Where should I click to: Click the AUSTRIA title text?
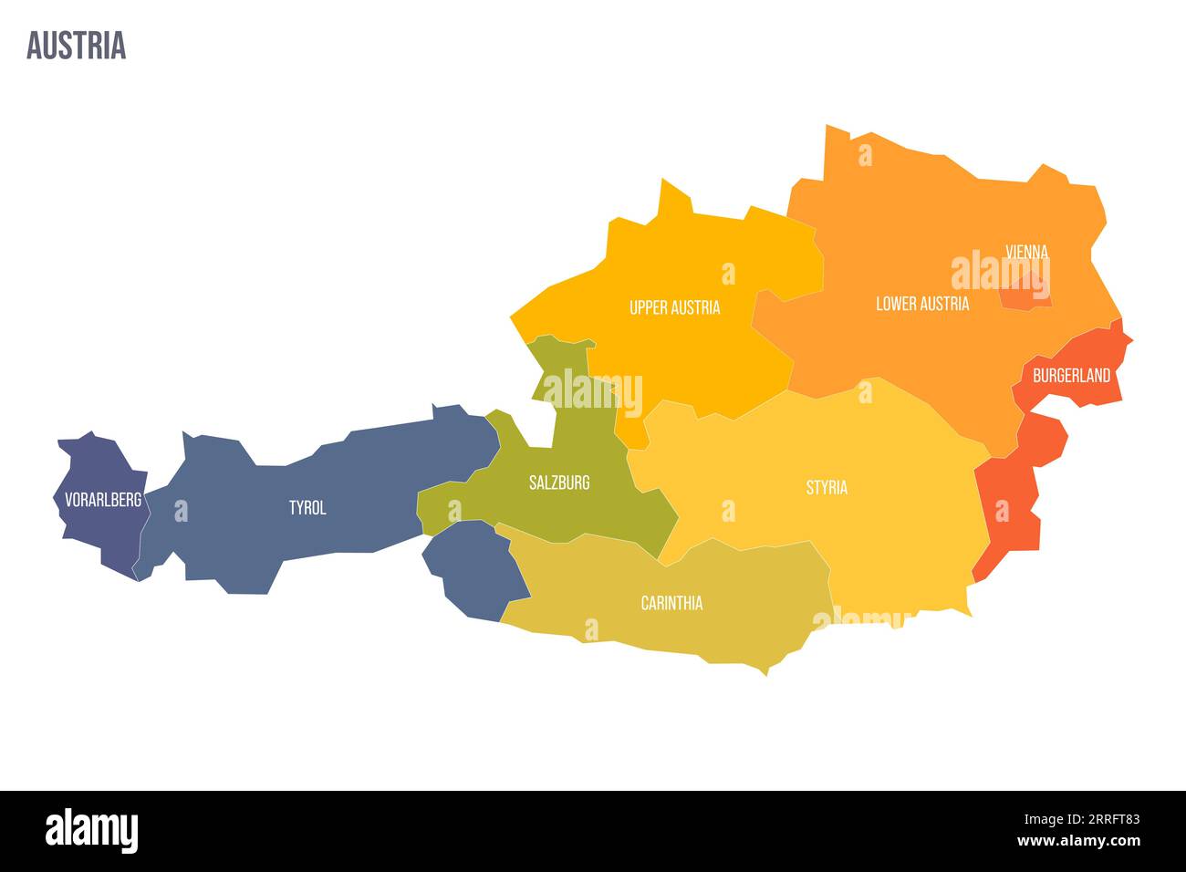click(x=76, y=46)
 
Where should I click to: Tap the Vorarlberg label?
click(x=103, y=499)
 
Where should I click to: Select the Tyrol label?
click(x=307, y=507)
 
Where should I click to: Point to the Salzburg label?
click(x=559, y=483)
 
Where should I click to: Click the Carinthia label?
click(x=671, y=603)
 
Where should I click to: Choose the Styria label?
click(x=827, y=487)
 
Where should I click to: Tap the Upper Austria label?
click(x=674, y=307)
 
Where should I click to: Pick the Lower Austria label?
click(x=922, y=303)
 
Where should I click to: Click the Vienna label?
click(x=1026, y=251)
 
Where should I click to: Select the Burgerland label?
click(x=1071, y=375)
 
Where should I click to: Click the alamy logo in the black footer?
click(x=91, y=831)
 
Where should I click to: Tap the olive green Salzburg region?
click(x=584, y=511)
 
